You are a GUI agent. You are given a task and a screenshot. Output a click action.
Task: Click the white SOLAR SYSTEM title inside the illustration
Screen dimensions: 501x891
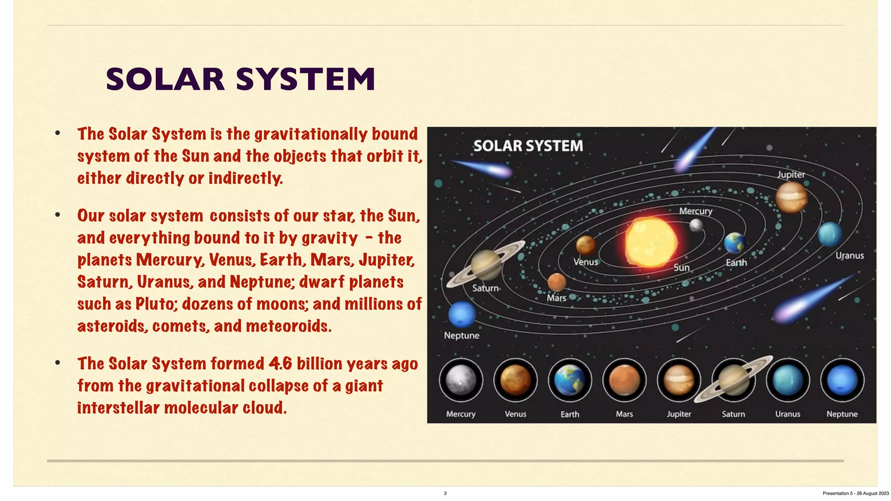click(x=528, y=146)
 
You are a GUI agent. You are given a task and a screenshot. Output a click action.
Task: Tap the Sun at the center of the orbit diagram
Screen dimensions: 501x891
click(x=651, y=242)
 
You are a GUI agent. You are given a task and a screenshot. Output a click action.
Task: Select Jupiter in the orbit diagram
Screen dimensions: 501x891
click(x=791, y=197)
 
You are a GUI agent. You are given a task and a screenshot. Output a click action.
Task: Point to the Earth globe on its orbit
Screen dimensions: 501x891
click(x=735, y=243)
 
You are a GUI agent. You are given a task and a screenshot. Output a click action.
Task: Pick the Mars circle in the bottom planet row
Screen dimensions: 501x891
click(x=624, y=380)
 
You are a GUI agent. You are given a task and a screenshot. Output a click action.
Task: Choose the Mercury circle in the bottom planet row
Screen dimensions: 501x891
click(x=461, y=380)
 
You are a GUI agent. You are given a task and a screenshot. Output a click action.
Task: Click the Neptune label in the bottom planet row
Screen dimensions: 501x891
click(x=842, y=414)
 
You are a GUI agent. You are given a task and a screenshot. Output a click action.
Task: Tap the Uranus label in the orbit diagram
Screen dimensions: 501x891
click(x=849, y=256)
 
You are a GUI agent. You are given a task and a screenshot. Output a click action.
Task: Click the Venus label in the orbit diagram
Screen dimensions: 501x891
click(x=586, y=262)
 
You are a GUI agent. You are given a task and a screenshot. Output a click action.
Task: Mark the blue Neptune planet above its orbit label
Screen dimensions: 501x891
click(x=462, y=314)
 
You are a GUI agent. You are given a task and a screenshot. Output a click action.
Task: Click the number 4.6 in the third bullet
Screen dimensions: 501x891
click(x=280, y=364)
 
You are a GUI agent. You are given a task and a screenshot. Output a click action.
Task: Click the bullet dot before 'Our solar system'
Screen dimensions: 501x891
click(x=57, y=215)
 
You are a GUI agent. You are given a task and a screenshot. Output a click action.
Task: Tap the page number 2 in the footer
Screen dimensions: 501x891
click(x=445, y=493)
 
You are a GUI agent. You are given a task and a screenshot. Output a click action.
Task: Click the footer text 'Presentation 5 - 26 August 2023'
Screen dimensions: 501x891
click(x=855, y=493)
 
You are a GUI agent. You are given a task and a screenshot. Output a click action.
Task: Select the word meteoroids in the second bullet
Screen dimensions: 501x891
click(x=288, y=326)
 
